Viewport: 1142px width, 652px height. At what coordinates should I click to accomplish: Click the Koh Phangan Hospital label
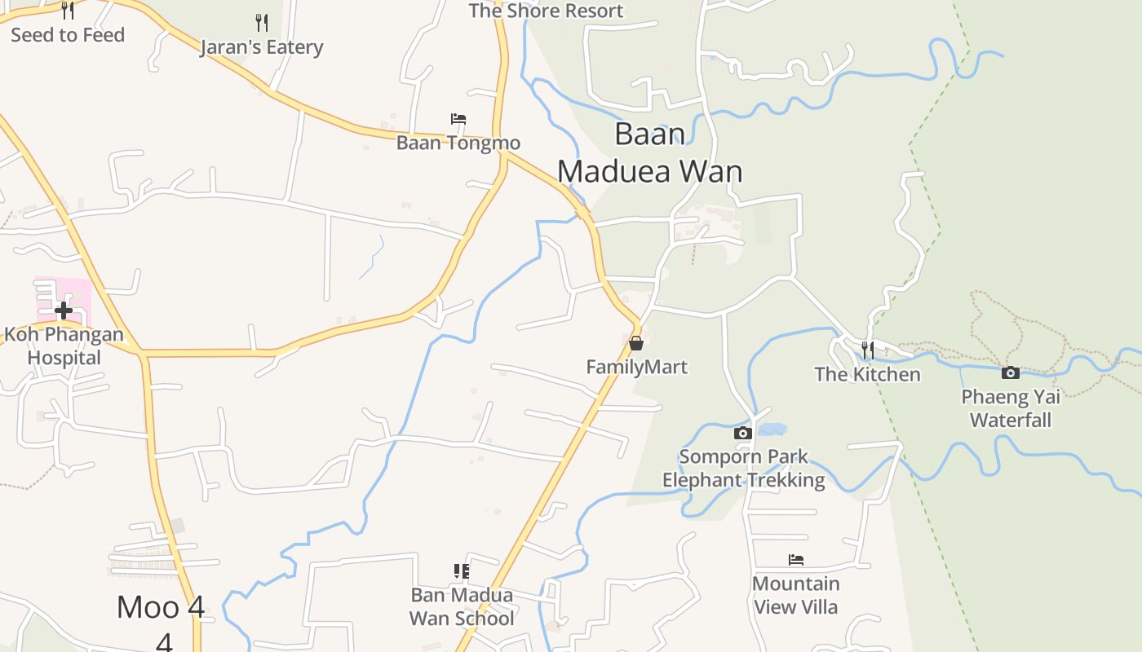coord(64,346)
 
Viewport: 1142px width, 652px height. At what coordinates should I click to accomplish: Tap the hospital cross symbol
coord(64,310)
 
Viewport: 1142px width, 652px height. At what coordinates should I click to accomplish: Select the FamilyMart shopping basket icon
coord(636,343)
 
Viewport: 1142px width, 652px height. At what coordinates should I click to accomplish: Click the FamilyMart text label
coord(636,367)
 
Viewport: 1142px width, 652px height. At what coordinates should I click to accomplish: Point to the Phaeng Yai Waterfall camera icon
coord(1010,373)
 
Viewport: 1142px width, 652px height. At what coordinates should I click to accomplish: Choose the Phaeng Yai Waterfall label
coord(1011,408)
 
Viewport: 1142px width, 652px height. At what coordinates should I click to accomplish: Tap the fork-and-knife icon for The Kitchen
coord(867,350)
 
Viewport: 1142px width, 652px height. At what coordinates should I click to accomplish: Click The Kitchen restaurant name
coord(867,374)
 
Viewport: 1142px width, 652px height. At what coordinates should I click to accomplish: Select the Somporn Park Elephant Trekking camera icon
coord(742,433)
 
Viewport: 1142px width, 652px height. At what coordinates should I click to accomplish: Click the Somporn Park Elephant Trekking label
coord(743,468)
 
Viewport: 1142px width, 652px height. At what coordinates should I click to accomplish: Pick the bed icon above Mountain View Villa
coord(796,560)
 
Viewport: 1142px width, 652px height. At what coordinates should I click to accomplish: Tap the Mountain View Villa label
coord(795,595)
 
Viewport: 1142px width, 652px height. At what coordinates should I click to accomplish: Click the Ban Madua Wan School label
coord(462,606)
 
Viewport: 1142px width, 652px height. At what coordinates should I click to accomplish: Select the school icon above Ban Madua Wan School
coord(462,571)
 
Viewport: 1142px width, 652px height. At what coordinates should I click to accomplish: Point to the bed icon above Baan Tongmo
coord(458,119)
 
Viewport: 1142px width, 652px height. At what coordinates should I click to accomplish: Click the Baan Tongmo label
coord(458,143)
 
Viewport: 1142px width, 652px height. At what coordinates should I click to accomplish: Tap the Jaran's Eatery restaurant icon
coord(261,22)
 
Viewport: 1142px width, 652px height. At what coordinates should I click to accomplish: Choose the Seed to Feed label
coord(68,35)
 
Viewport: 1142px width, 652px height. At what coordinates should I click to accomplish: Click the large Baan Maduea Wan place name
coord(650,152)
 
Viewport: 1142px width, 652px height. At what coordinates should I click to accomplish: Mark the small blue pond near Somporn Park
coord(772,428)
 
